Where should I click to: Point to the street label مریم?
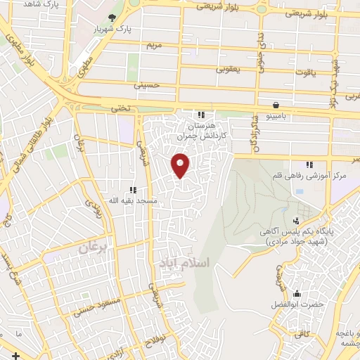[154, 45]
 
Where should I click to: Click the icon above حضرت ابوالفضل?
[297, 294]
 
